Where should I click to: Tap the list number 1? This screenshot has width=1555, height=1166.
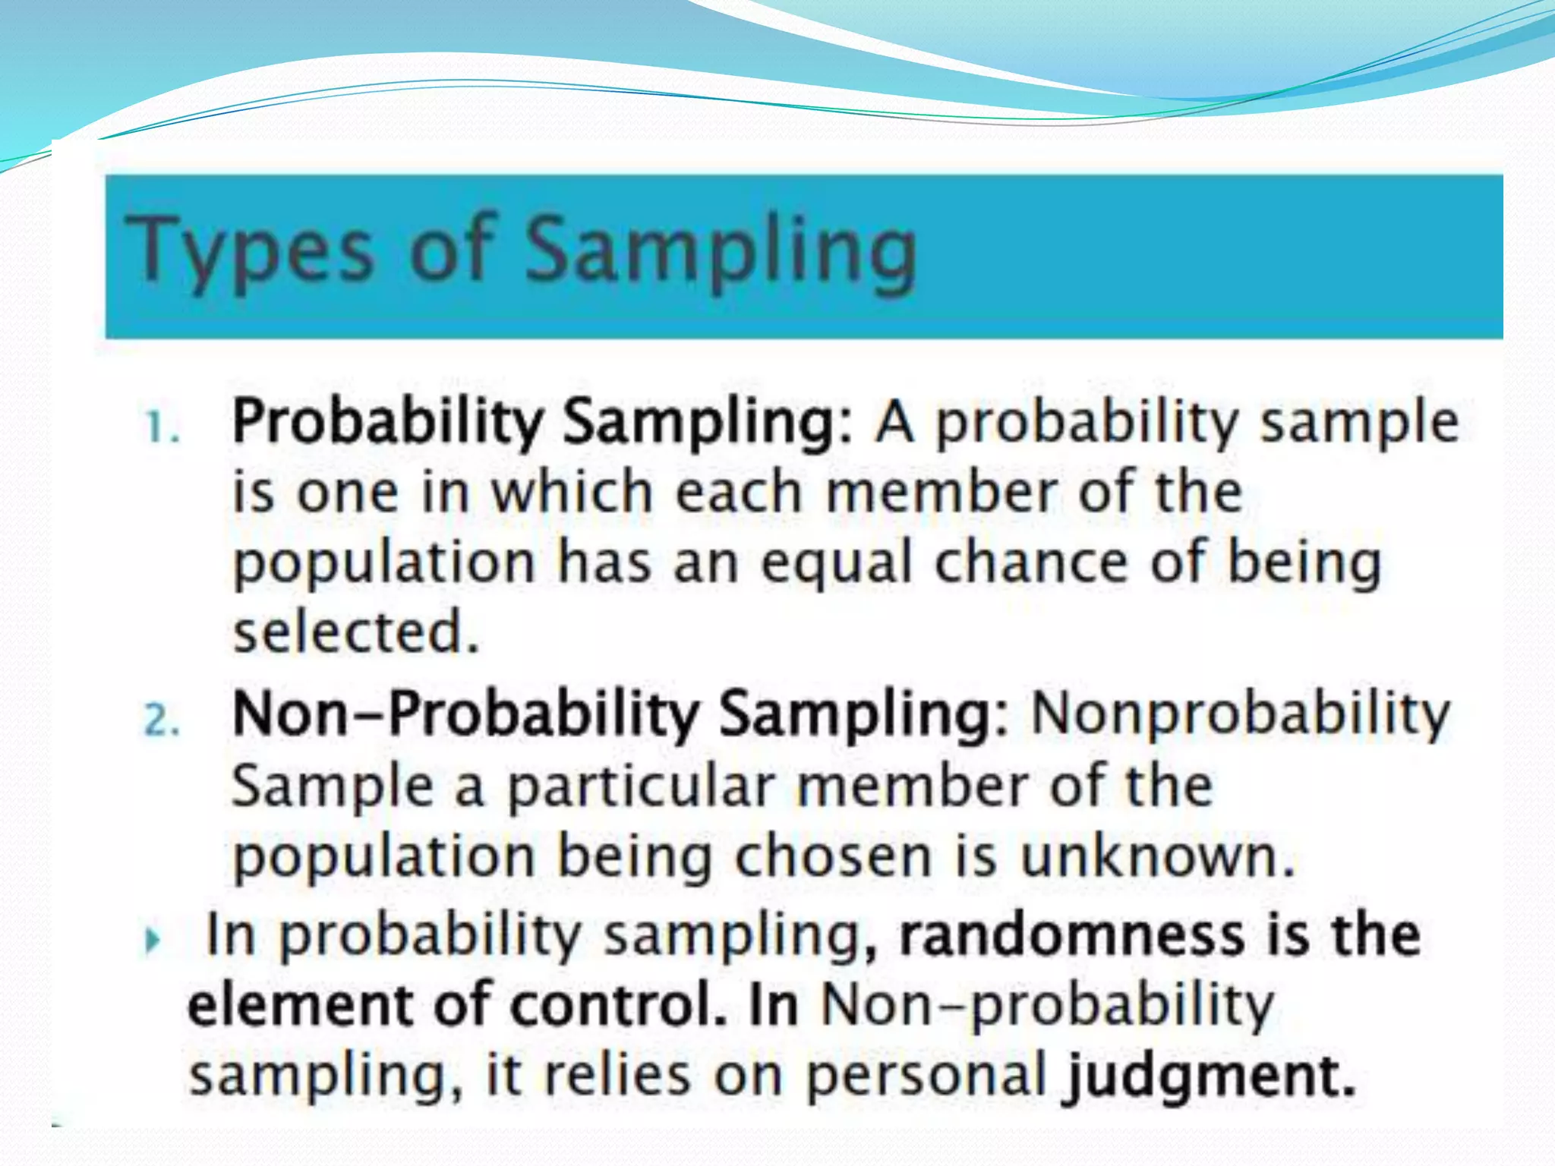[x=160, y=427]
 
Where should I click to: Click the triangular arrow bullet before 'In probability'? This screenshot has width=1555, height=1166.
[x=153, y=941]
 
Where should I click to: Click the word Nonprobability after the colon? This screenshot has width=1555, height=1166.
[x=1240, y=715]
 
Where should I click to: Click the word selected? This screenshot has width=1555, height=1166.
[x=355, y=632]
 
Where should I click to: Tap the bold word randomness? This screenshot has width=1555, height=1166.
[x=1071, y=934]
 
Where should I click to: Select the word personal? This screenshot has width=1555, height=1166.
[x=926, y=1076]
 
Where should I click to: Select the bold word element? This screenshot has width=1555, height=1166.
[x=301, y=1005]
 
